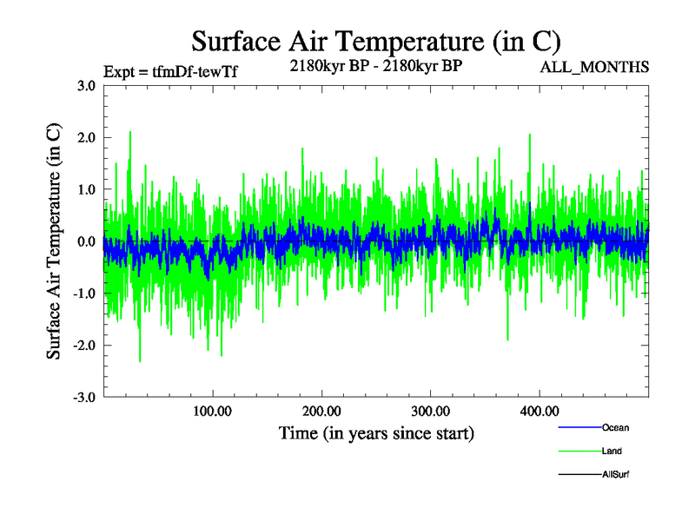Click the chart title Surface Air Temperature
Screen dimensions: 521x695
[x=376, y=41]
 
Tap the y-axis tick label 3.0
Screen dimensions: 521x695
[x=86, y=85]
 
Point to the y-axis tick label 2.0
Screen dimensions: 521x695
[x=86, y=137]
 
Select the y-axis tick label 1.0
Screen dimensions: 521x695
[x=86, y=189]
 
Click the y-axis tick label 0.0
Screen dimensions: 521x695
[x=86, y=241]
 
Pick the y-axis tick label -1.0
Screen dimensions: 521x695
[x=84, y=293]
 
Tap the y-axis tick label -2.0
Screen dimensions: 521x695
[x=84, y=346]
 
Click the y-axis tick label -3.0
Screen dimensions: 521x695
[x=84, y=398]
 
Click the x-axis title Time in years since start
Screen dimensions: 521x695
[x=376, y=432]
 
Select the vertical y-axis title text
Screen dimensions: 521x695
[x=54, y=241]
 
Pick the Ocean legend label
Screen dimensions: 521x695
[x=615, y=428]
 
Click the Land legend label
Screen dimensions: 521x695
[x=612, y=452]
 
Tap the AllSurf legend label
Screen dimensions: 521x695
[x=616, y=475]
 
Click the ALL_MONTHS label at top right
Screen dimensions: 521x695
[x=594, y=67]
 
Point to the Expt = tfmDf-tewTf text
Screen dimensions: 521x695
[x=169, y=72]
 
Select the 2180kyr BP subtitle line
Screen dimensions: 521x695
[x=376, y=64]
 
